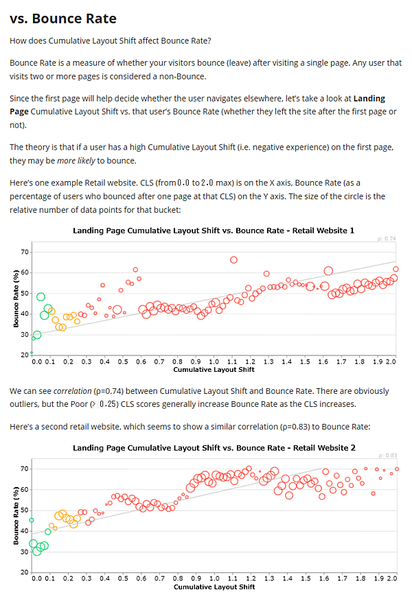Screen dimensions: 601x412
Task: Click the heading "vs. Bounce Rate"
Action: (x=63, y=19)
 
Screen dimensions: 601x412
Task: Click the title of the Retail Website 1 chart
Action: (x=214, y=231)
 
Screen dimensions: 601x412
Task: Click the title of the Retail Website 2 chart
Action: (x=214, y=448)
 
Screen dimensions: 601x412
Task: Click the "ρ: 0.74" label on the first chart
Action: (x=387, y=238)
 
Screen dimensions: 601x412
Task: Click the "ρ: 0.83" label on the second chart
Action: (x=387, y=456)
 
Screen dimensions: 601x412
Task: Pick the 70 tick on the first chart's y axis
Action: (x=25, y=252)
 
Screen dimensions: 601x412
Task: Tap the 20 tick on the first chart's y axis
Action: (x=25, y=355)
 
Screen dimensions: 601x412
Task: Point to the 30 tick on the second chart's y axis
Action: (x=25, y=552)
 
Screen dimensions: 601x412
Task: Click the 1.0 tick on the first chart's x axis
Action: (x=214, y=361)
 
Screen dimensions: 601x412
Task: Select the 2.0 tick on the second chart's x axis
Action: (x=391, y=578)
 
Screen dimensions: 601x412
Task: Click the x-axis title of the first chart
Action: (x=214, y=369)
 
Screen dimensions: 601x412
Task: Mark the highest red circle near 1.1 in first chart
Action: (x=233, y=259)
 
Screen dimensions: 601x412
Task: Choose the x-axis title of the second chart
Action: (x=214, y=587)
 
